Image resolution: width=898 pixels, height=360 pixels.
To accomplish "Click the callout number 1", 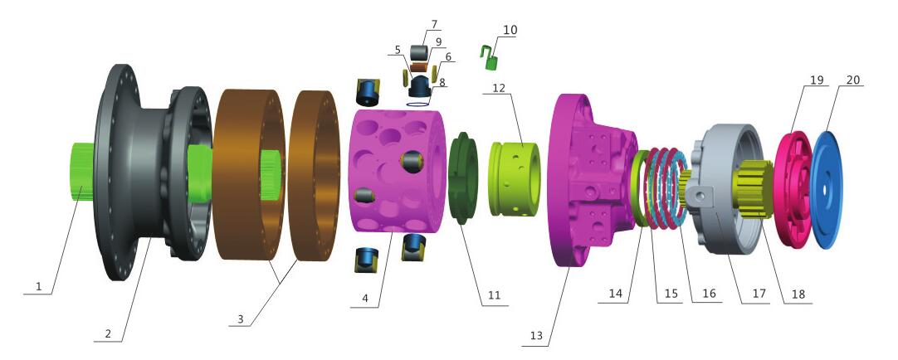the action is [x=39, y=286].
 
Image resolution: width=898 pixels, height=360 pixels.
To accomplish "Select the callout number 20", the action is [x=852, y=80].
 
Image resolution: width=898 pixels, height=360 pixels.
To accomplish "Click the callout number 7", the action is [x=434, y=24].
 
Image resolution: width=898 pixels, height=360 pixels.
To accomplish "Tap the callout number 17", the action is [x=759, y=294].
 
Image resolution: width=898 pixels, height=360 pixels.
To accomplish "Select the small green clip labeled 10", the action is [x=489, y=58].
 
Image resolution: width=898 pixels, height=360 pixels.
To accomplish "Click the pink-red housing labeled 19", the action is [x=793, y=189].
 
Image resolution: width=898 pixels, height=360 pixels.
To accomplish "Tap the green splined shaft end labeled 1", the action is [x=81, y=172].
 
